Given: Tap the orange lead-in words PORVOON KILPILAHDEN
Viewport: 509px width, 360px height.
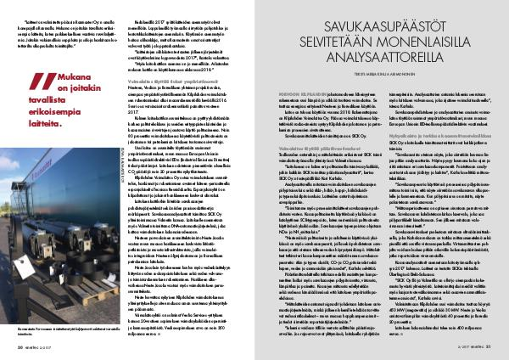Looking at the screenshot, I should [281, 87].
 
